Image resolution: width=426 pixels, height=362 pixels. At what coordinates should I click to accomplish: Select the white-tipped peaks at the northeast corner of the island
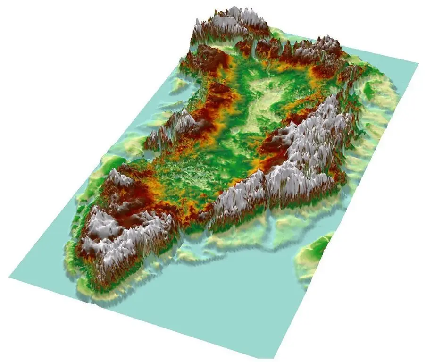pyautogui.click(x=326, y=47)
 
